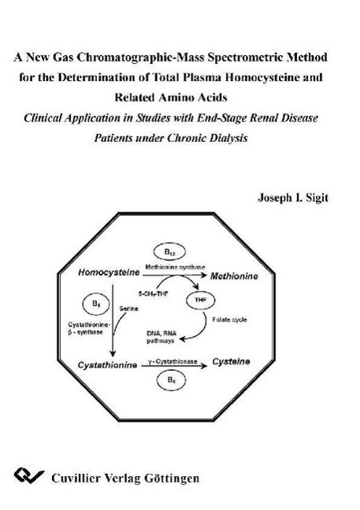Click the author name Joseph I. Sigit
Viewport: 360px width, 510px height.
click(x=293, y=198)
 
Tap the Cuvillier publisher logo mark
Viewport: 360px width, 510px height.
click(x=29, y=476)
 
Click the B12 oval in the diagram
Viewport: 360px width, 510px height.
click(x=169, y=251)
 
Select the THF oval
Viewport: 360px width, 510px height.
click(x=200, y=300)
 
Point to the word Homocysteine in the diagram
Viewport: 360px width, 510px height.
click(x=109, y=272)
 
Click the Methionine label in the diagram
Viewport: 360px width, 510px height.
click(x=234, y=276)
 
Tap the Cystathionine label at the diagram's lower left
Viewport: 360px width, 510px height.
click(x=107, y=365)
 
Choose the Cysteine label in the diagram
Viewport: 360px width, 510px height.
click(x=231, y=361)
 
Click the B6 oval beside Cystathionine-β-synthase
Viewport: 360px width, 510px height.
click(x=96, y=304)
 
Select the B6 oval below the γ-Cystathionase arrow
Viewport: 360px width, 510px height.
click(x=171, y=380)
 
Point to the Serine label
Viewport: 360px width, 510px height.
click(x=128, y=308)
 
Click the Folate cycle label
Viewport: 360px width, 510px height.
click(x=229, y=320)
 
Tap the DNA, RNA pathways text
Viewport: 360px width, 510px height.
click(x=161, y=337)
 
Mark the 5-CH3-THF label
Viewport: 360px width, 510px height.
click(x=154, y=294)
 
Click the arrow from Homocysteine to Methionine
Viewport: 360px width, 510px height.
click(x=174, y=275)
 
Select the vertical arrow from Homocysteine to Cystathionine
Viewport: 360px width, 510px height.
click(x=113, y=320)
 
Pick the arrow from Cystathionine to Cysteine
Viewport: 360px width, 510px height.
click(x=174, y=366)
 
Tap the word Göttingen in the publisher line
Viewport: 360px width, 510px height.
click(x=172, y=478)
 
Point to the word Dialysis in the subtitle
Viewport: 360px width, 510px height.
click(x=228, y=138)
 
